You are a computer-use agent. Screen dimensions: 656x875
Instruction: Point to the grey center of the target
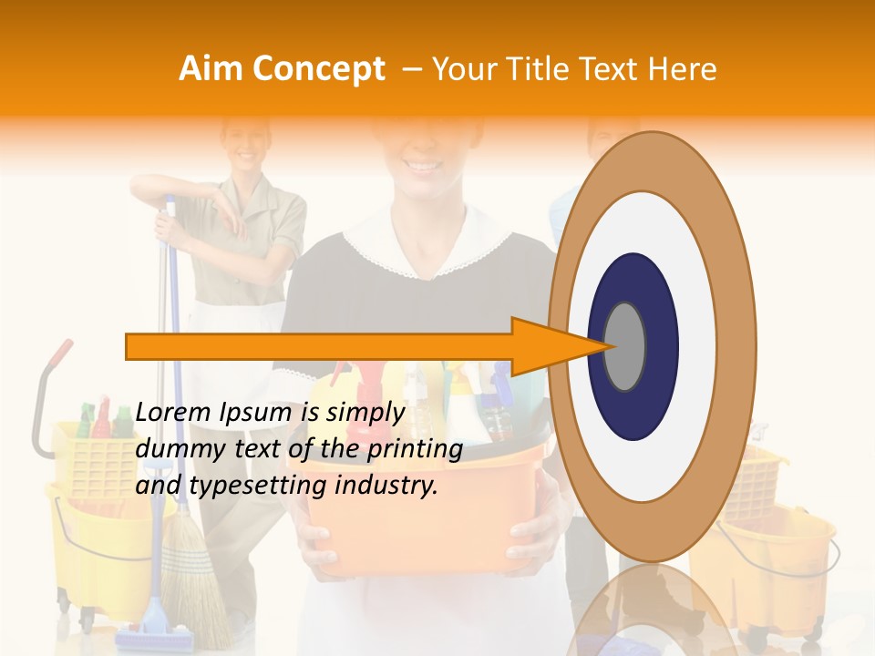pos(625,346)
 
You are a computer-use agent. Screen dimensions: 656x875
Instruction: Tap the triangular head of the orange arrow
pos(547,346)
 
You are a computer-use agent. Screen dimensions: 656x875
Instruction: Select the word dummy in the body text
pos(170,449)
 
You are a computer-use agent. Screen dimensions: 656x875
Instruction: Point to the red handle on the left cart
pos(60,354)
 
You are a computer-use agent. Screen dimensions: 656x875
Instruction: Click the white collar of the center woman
pos(428,246)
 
